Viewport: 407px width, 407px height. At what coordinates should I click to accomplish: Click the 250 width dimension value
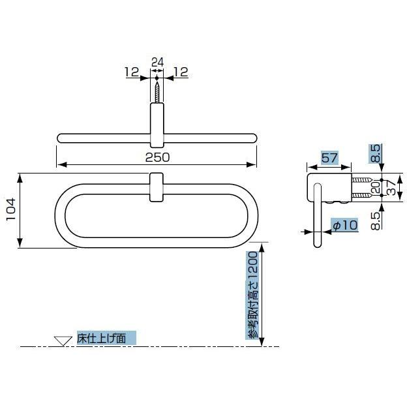point(157,157)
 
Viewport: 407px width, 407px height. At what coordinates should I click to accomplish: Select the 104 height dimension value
point(12,209)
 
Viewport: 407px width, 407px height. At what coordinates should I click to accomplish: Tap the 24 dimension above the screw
point(157,63)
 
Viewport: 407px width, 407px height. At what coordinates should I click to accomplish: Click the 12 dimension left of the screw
point(132,72)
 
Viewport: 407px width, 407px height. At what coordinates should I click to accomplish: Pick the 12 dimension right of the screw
point(181,72)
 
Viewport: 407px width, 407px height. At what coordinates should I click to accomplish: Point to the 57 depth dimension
point(329,158)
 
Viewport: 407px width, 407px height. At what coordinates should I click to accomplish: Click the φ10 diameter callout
point(345,225)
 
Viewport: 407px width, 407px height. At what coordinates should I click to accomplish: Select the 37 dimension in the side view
point(391,187)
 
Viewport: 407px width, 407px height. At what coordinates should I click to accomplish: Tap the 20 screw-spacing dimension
point(376,187)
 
